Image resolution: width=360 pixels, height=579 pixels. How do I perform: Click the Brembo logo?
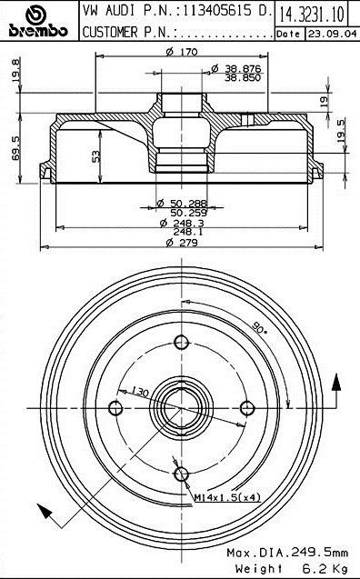pos(38,21)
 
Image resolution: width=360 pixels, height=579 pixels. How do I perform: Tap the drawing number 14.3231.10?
pos(312,14)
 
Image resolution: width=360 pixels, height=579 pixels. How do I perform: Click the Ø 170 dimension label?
pos(182,52)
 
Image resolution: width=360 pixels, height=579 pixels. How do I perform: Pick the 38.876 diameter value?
pos(243,69)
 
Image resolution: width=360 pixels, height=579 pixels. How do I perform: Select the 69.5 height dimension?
pos(15,147)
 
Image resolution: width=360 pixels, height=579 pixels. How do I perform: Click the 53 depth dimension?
pos(96,156)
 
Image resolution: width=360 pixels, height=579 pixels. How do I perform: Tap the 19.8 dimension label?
pos(15,70)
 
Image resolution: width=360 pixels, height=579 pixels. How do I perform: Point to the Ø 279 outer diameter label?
pos(182,243)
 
